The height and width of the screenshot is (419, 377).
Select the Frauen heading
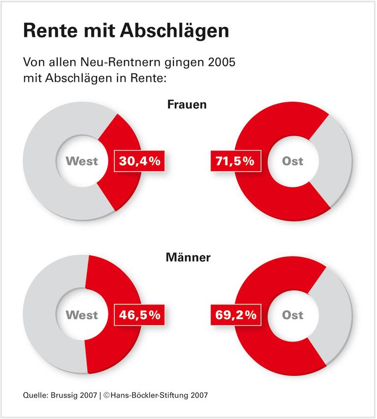click(187, 105)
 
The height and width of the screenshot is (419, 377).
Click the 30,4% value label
click(138, 161)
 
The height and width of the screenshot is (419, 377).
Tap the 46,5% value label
click(138, 315)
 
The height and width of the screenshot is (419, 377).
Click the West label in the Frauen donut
click(82, 161)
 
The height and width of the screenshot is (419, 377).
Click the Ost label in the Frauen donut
click(293, 161)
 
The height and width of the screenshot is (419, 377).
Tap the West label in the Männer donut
click(82, 315)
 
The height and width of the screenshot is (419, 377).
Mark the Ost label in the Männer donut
click(293, 315)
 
